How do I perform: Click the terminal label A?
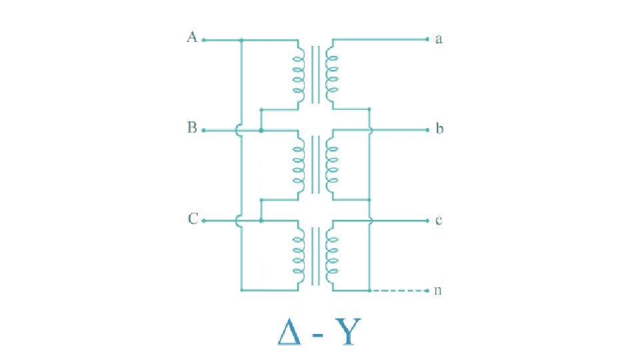coord(191,38)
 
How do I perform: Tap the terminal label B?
coord(192,128)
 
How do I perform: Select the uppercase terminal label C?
coord(192,219)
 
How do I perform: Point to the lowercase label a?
coord(439,39)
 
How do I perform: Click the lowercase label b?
coord(439,129)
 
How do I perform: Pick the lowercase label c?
coord(439,220)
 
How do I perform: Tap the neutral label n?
coord(439,291)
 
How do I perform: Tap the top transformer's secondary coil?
coord(331,73)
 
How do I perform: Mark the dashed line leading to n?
coord(398,291)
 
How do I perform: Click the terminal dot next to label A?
coord(203,40)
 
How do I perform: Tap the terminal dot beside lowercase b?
coord(427,130)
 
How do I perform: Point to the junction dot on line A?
coord(241,40)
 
